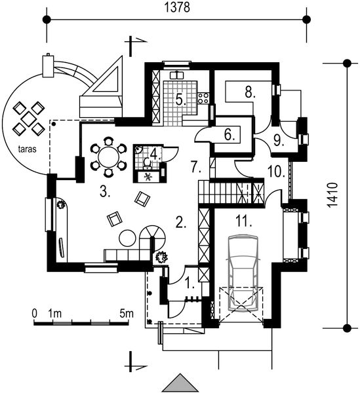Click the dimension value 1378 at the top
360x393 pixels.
tap(177, 7)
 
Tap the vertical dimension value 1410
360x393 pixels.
tap(332, 195)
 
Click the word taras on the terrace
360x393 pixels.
tap(27, 149)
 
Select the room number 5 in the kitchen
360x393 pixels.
tap(180, 100)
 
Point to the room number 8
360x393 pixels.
tap(250, 92)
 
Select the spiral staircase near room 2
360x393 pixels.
tap(152, 238)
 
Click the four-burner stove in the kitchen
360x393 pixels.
tap(203, 98)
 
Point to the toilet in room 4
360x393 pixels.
tap(147, 162)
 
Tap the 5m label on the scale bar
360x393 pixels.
tap(127, 314)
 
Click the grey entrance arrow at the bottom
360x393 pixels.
tap(180, 383)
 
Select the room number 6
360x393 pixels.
tap(230, 136)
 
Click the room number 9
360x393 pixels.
tap(279, 141)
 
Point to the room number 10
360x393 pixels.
tap(276, 172)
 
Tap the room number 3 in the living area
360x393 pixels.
tap(105, 192)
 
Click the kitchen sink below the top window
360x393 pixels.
tap(177, 75)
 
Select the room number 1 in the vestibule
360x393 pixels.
tap(190, 282)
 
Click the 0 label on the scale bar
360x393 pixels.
tap(35, 314)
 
